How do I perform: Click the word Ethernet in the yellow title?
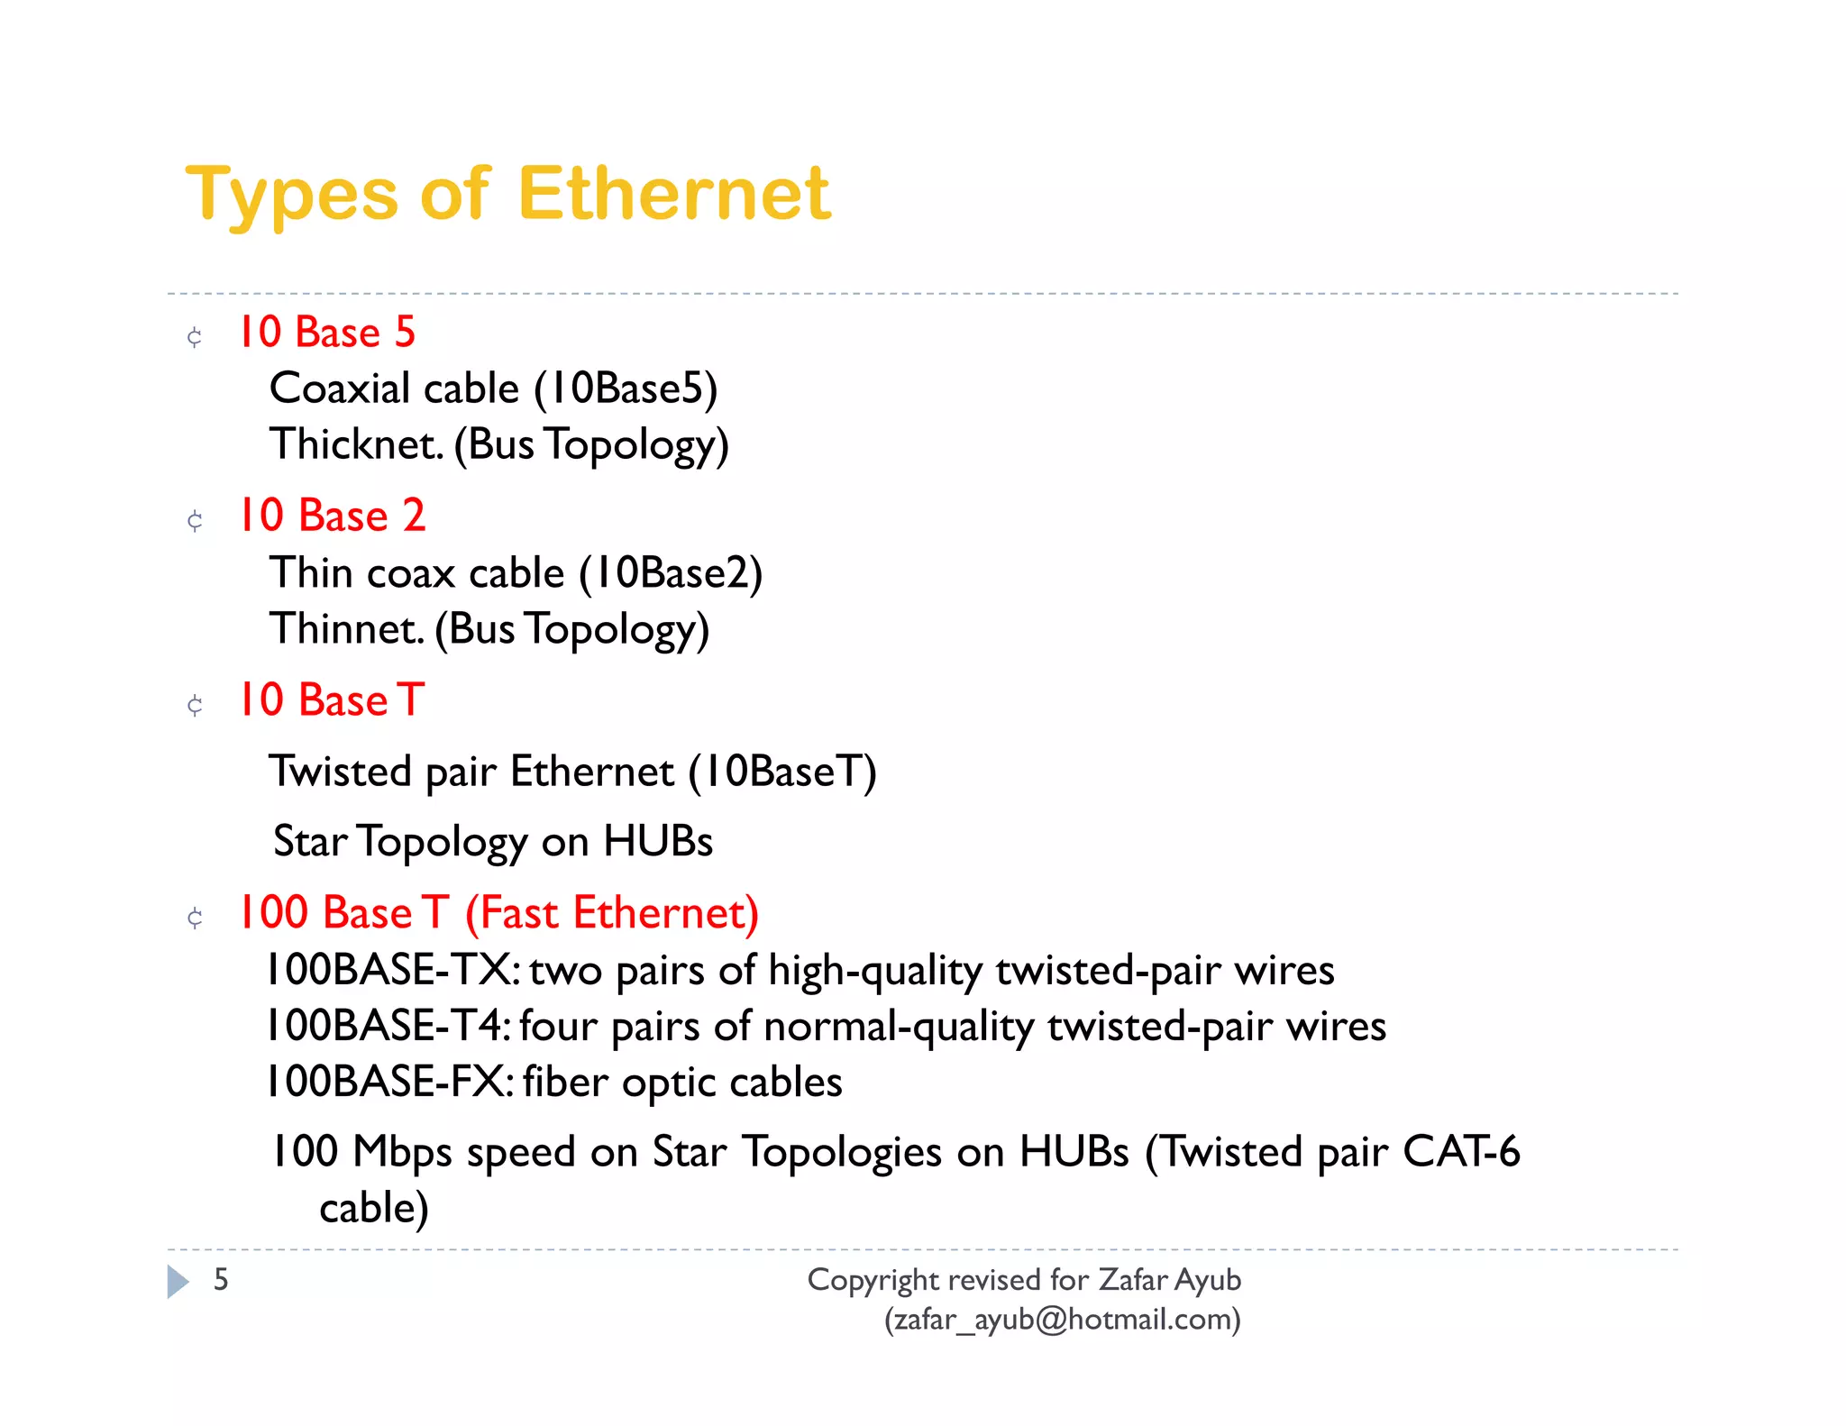(673, 194)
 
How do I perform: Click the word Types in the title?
(291, 196)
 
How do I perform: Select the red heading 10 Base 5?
(326, 333)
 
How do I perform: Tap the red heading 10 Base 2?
(331, 516)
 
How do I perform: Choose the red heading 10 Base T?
(331, 700)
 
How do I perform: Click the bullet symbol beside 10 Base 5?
(195, 337)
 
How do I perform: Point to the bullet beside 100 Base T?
(195, 918)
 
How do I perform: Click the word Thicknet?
(357, 444)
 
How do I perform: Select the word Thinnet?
(347, 628)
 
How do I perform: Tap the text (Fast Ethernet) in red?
(611, 913)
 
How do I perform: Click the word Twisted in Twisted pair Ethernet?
(341, 772)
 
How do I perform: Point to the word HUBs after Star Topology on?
(658, 841)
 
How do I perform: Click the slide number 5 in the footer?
(221, 1280)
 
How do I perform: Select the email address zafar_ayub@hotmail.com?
(1062, 1320)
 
